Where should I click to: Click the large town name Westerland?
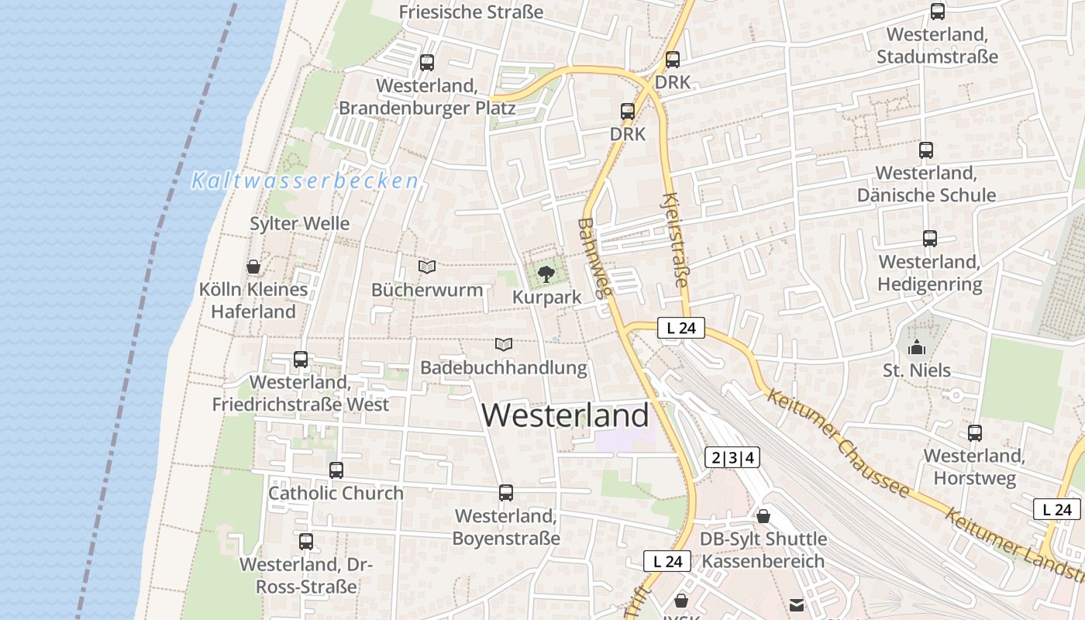click(565, 415)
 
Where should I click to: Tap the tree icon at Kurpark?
click(546, 273)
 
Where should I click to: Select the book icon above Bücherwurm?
click(427, 267)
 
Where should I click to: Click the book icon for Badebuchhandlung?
click(504, 343)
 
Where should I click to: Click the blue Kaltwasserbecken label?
click(305, 181)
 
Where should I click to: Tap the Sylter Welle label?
click(299, 223)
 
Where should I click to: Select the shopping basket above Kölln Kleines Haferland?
click(253, 267)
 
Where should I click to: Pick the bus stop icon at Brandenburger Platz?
click(427, 63)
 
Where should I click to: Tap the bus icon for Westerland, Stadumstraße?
click(938, 12)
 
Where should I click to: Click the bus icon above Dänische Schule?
click(926, 150)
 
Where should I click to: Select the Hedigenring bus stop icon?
click(930, 239)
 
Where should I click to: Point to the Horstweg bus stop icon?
click(975, 433)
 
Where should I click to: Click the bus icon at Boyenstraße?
click(506, 493)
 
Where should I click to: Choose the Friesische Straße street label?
click(470, 12)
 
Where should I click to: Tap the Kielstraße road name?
click(676, 240)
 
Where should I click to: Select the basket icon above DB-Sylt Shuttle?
click(763, 516)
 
